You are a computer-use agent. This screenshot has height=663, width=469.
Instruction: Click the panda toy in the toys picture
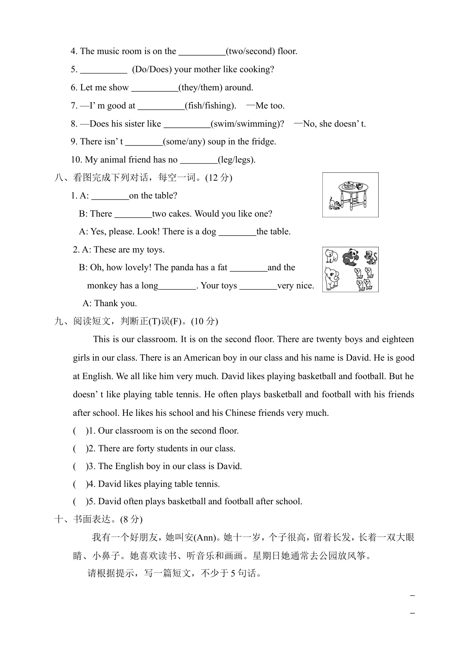351,257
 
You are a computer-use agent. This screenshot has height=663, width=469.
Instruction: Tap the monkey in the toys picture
371,257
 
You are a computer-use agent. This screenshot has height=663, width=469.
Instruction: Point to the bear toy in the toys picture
331,256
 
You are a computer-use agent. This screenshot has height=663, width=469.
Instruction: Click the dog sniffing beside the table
334,204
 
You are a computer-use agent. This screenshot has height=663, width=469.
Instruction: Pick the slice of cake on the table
362,186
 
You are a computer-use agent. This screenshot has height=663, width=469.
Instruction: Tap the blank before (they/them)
155,88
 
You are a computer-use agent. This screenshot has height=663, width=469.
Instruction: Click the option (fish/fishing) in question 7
210,106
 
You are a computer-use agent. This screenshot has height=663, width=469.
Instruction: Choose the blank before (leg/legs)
199,160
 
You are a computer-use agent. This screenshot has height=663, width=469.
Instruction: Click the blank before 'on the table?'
110,196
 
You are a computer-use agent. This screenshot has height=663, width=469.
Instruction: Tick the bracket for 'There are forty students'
80,449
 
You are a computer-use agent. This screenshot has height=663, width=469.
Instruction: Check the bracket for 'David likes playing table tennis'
80,484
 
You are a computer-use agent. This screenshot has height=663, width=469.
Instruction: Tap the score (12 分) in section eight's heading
218,178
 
